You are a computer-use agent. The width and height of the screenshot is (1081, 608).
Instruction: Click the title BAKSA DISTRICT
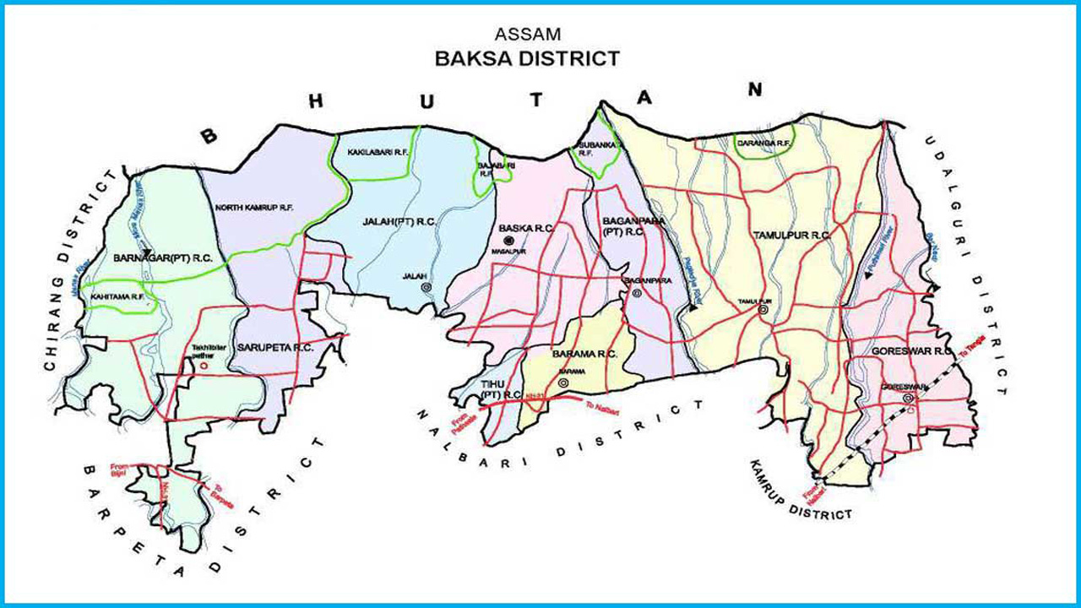[526, 58]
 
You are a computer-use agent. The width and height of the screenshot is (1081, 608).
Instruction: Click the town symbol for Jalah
[426, 287]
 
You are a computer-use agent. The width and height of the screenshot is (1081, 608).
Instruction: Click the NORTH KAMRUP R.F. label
[253, 207]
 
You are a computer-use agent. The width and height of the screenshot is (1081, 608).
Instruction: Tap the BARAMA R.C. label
[585, 354]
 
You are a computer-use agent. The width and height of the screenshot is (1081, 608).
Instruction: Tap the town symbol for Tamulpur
[763, 310]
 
